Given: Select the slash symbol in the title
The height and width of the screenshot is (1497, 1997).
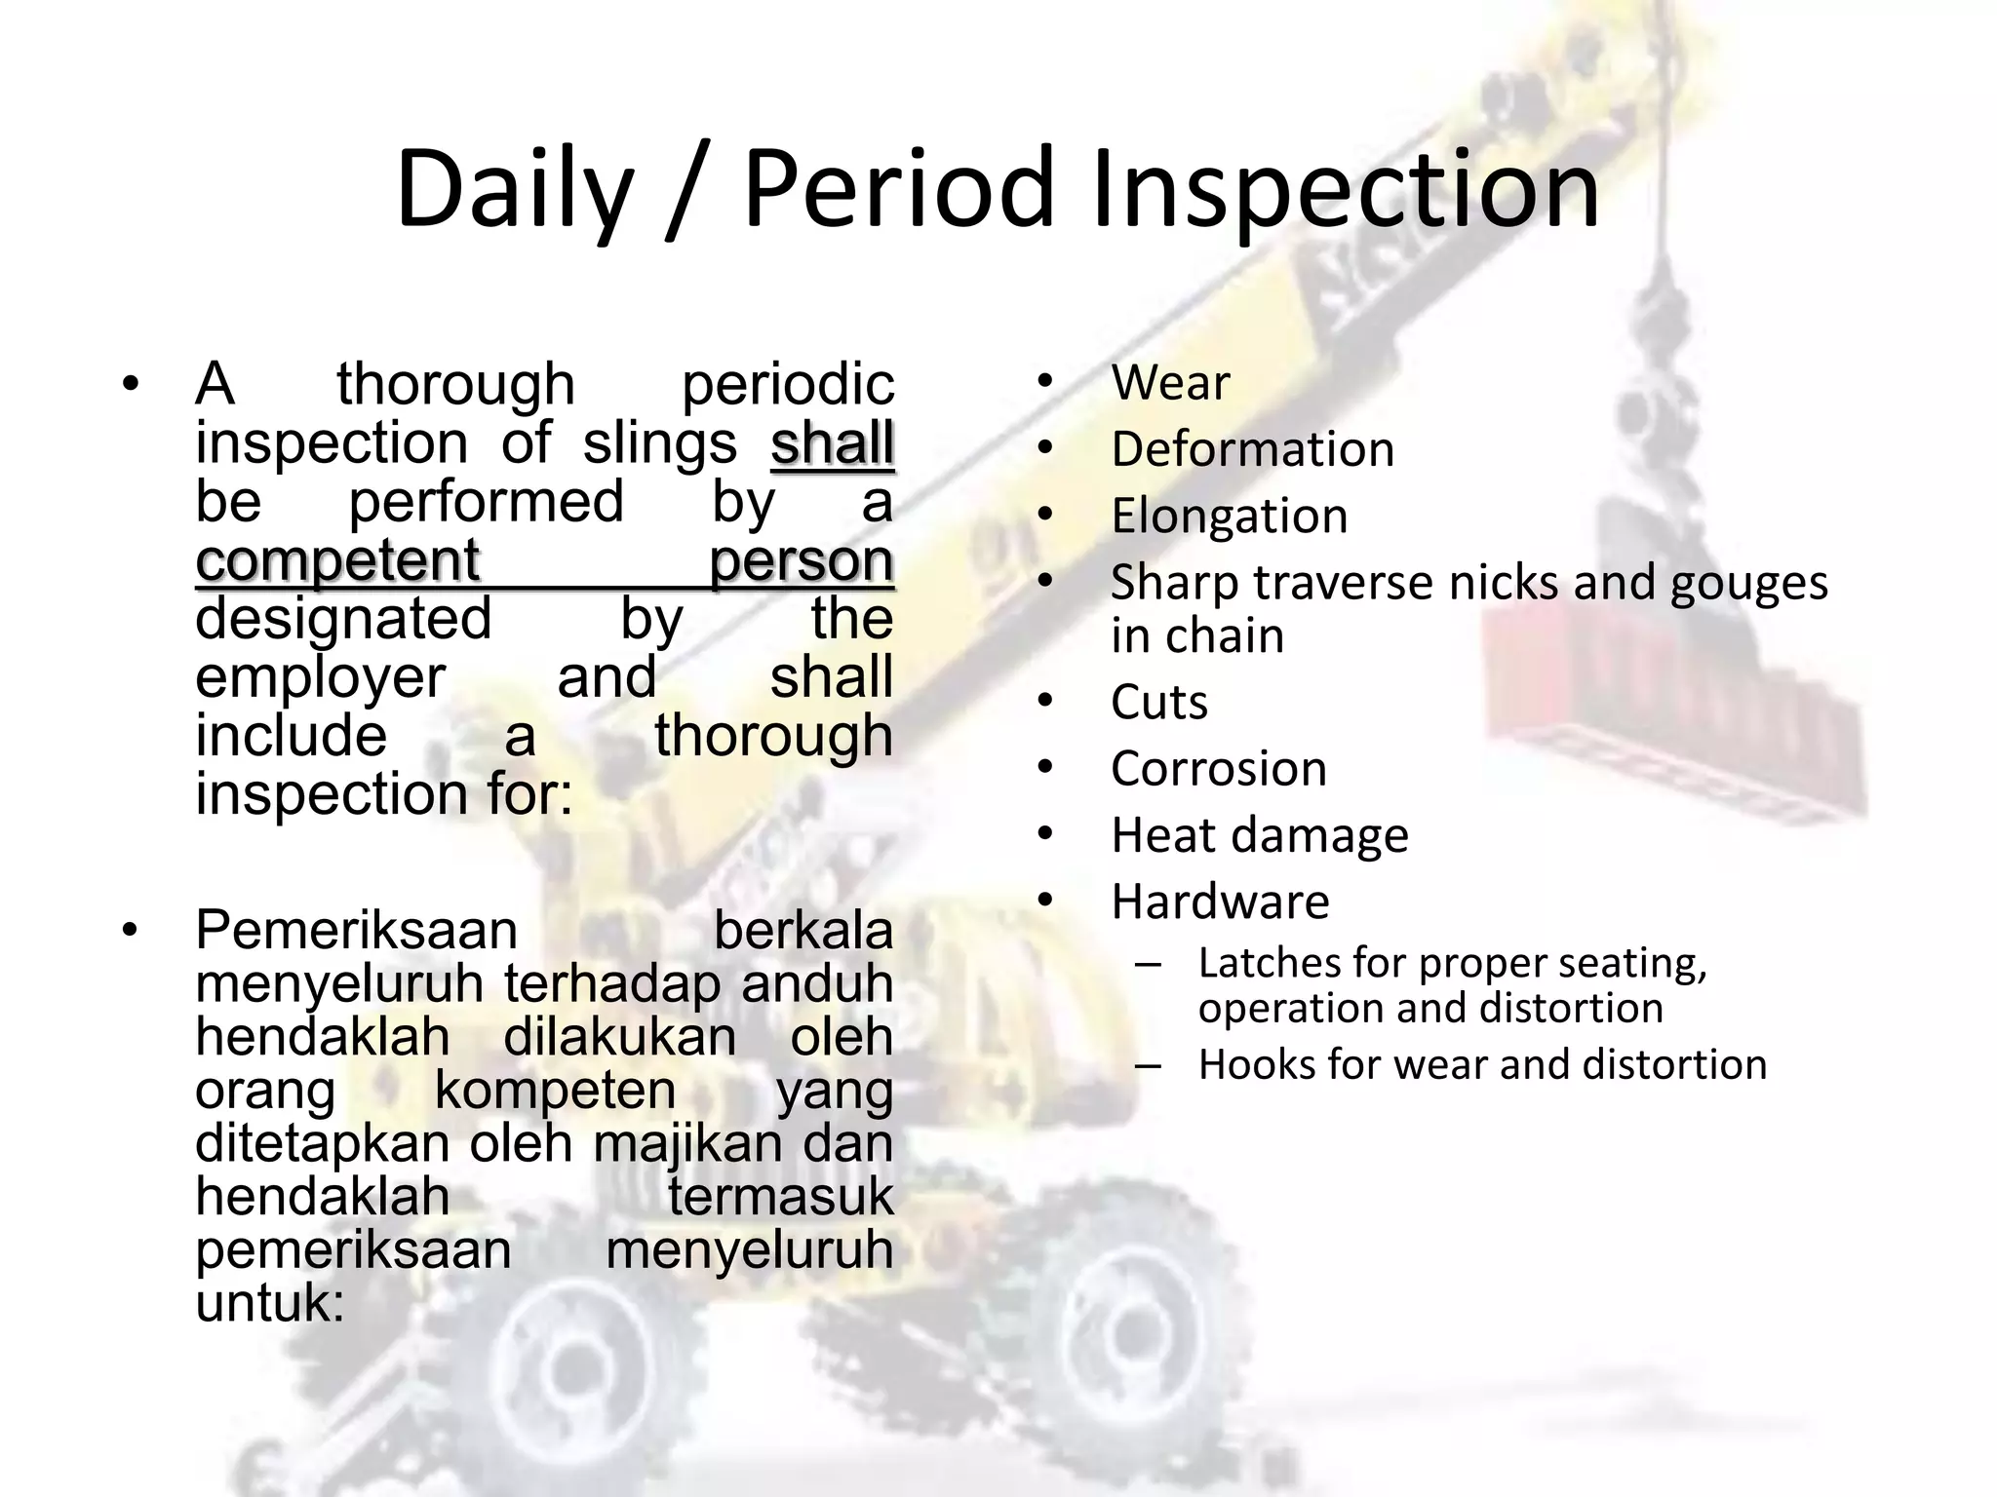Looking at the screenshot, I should pos(688,190).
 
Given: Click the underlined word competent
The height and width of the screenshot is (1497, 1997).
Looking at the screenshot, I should pos(337,560).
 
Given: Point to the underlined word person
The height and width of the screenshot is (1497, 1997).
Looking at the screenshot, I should pos(801,560).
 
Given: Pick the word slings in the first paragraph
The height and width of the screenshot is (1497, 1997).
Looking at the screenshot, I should pos(659,443).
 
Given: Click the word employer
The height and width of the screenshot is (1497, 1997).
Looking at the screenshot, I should pos(320,677).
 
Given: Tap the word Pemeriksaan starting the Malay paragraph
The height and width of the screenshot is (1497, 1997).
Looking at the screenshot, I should pos(356,930).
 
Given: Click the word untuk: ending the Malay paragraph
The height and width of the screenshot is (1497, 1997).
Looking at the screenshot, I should pos(270,1302).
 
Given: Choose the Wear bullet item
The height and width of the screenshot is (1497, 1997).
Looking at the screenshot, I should pos(1170,382).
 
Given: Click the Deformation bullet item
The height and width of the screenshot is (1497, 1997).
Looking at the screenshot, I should pos(1252,449).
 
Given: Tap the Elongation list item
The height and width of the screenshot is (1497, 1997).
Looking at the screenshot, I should pos(1229,516).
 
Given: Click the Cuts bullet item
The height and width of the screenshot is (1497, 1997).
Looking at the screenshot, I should pos(1158,702).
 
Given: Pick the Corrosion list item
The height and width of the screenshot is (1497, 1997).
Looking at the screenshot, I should pos(1219,768).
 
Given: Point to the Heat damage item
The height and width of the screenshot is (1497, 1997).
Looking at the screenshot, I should pos(1259,835).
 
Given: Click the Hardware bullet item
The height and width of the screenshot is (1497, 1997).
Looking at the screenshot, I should pos(1220,902).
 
